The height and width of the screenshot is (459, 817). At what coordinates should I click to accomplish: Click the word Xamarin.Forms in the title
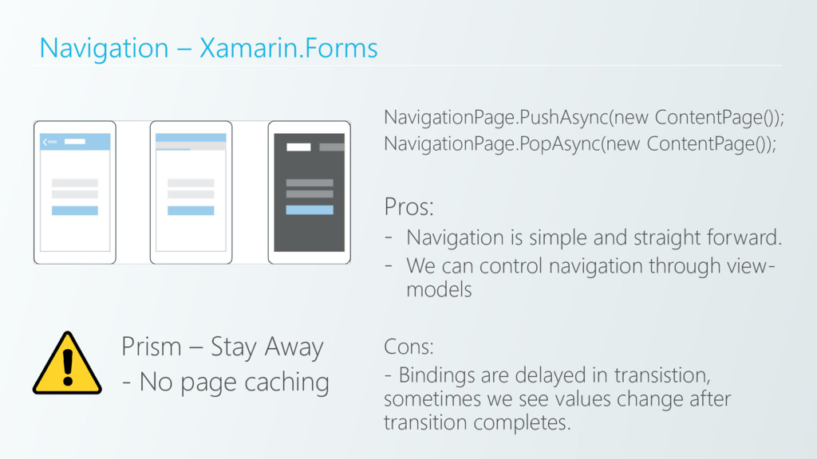(288, 49)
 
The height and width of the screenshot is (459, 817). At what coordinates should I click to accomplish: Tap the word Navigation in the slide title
(104, 49)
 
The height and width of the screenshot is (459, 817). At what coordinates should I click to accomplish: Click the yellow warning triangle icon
(67, 364)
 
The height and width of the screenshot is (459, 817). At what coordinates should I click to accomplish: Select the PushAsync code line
(584, 119)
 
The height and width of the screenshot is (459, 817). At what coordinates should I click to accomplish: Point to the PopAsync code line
(580, 144)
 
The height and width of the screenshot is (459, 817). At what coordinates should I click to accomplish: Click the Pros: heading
(409, 208)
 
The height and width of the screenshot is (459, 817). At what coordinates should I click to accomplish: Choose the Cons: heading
(408, 347)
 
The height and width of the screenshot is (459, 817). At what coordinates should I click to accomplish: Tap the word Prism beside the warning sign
(152, 347)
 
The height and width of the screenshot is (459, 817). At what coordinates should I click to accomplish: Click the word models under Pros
(439, 290)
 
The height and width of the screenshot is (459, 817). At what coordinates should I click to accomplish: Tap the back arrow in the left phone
(45, 142)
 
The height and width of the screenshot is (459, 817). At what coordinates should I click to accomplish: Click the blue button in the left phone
(75, 210)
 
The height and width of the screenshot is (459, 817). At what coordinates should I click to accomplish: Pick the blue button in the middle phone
(191, 210)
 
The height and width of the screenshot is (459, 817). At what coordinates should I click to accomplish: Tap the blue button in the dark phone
(310, 210)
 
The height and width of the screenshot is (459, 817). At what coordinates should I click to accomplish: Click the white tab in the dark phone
(298, 147)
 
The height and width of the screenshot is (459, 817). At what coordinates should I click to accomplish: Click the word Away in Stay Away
(293, 347)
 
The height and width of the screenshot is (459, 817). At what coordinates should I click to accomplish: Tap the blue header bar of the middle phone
(191, 138)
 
